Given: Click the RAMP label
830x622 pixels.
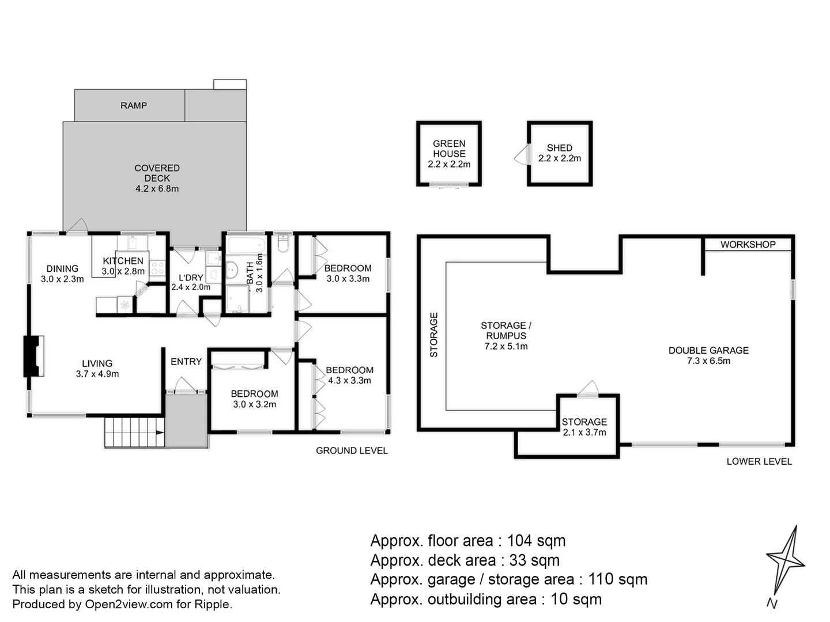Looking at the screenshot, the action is [134, 105].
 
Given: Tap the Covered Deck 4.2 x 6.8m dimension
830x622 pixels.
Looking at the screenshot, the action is [157, 188].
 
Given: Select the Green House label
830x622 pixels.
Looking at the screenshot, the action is [449, 149].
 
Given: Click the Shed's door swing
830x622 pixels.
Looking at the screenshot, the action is [522, 154].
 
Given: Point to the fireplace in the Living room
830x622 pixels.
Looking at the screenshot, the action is [33, 356].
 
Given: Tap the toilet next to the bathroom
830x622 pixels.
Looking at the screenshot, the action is [283, 243].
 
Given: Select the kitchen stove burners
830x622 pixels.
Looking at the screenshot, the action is [157, 268].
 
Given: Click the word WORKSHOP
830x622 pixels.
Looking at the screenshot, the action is [748, 244].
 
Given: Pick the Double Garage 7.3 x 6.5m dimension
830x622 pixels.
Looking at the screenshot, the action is [708, 361].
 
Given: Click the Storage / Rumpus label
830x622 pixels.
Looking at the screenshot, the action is [506, 331].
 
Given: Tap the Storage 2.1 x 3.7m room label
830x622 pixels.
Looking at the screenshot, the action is [584, 427].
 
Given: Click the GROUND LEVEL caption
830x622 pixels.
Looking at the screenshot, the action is [352, 450].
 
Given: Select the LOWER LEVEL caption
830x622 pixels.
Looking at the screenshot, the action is [759, 461].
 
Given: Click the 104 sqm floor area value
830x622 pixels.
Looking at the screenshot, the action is [536, 541].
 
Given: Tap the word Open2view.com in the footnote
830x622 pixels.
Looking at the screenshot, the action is [129, 605].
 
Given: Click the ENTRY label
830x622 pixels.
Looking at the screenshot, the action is [186, 362].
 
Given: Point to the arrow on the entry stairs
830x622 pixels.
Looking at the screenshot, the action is [160, 433].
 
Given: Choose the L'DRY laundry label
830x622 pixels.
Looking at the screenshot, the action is [191, 278].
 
